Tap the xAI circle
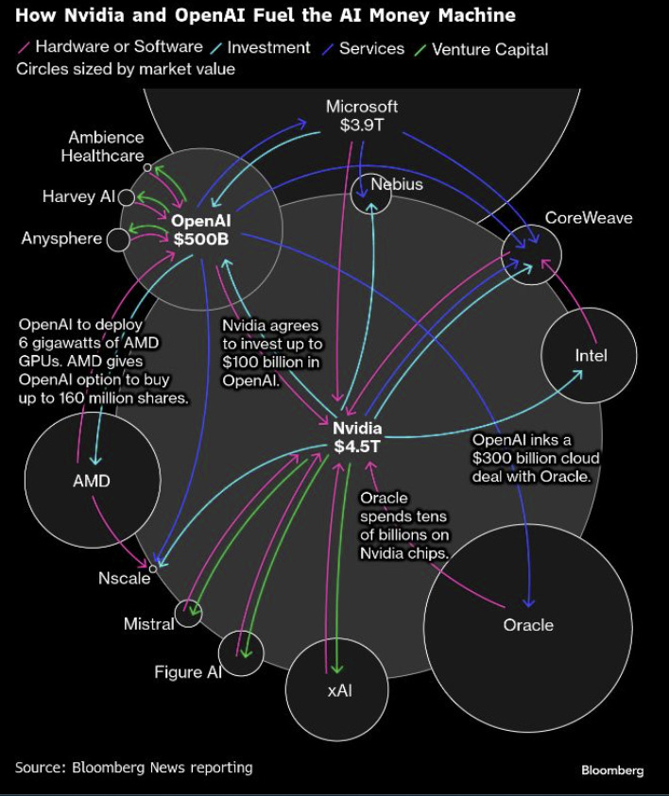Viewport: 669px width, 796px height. tap(338, 690)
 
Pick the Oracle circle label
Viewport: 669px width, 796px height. tap(528, 625)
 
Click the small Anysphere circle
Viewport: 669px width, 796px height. tap(118, 240)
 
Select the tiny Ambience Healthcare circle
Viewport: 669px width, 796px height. tap(147, 167)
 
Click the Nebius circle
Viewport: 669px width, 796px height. tap(370, 194)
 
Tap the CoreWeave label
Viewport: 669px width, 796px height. tap(588, 218)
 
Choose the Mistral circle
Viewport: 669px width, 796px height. tap(189, 614)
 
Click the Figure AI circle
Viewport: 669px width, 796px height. tap(241, 652)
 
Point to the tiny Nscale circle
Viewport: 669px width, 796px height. tap(153, 568)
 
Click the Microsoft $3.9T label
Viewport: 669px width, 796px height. tap(362, 115)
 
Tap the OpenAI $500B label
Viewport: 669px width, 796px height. tap(200, 229)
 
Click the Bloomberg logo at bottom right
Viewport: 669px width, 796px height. tap(611, 771)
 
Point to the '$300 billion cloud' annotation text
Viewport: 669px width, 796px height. tap(535, 459)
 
